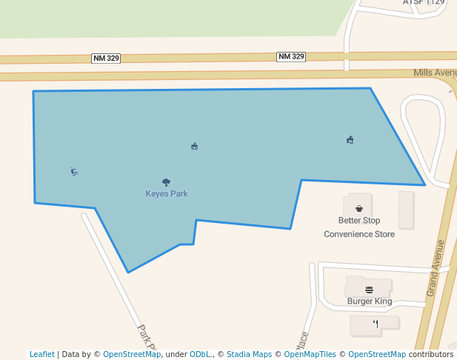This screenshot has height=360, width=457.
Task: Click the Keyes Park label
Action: [x=167, y=194]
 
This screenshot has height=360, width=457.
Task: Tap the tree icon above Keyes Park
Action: [x=166, y=181]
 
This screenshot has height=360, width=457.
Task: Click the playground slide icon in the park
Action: [x=74, y=172]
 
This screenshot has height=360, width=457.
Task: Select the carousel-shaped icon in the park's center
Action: [x=194, y=147]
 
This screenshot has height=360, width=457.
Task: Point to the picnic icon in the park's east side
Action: [x=350, y=139]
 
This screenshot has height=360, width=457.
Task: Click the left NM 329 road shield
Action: [x=106, y=58]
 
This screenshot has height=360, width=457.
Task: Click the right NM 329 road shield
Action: [x=291, y=56]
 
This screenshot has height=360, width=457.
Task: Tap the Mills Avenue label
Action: [x=435, y=73]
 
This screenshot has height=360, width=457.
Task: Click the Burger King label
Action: [x=369, y=301]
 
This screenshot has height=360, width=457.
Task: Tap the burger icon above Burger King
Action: [x=369, y=290]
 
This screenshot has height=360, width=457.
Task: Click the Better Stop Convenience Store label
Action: [x=359, y=227]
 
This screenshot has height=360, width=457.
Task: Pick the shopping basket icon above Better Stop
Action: [x=359, y=208]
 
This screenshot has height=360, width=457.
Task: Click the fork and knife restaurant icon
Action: [x=376, y=324]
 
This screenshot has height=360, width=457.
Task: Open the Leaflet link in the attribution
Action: [x=42, y=354]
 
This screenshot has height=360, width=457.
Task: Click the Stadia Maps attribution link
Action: [x=249, y=354]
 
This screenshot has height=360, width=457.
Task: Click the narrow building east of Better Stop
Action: [x=406, y=210]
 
